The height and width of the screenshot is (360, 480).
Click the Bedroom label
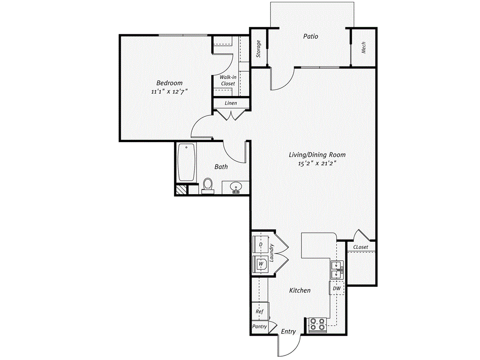[x=169, y=83]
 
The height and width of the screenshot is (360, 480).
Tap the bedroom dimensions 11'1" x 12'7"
[x=169, y=91]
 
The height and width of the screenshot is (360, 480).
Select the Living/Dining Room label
[x=317, y=155]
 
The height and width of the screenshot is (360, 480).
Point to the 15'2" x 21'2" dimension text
[x=317, y=164]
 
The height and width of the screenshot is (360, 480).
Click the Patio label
[x=310, y=37]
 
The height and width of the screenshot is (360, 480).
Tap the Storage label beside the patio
[x=259, y=49]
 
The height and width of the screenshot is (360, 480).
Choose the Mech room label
[x=364, y=48]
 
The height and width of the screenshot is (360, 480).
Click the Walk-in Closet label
[x=228, y=81]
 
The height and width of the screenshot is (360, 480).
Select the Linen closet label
[x=231, y=103]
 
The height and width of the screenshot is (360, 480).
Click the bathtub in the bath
[x=187, y=162]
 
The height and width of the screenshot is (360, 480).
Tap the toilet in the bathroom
[x=208, y=186]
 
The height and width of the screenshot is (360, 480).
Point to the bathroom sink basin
[x=236, y=187]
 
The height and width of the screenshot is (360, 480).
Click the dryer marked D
[x=261, y=244]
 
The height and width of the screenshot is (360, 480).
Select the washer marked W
[x=261, y=264]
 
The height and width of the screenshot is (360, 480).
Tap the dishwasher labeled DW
[x=337, y=288]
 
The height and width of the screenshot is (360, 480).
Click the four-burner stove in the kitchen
[x=317, y=324]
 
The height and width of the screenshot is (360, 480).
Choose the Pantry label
[x=260, y=327]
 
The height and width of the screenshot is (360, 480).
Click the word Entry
[x=288, y=331]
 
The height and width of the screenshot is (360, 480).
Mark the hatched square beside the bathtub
[x=180, y=190]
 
